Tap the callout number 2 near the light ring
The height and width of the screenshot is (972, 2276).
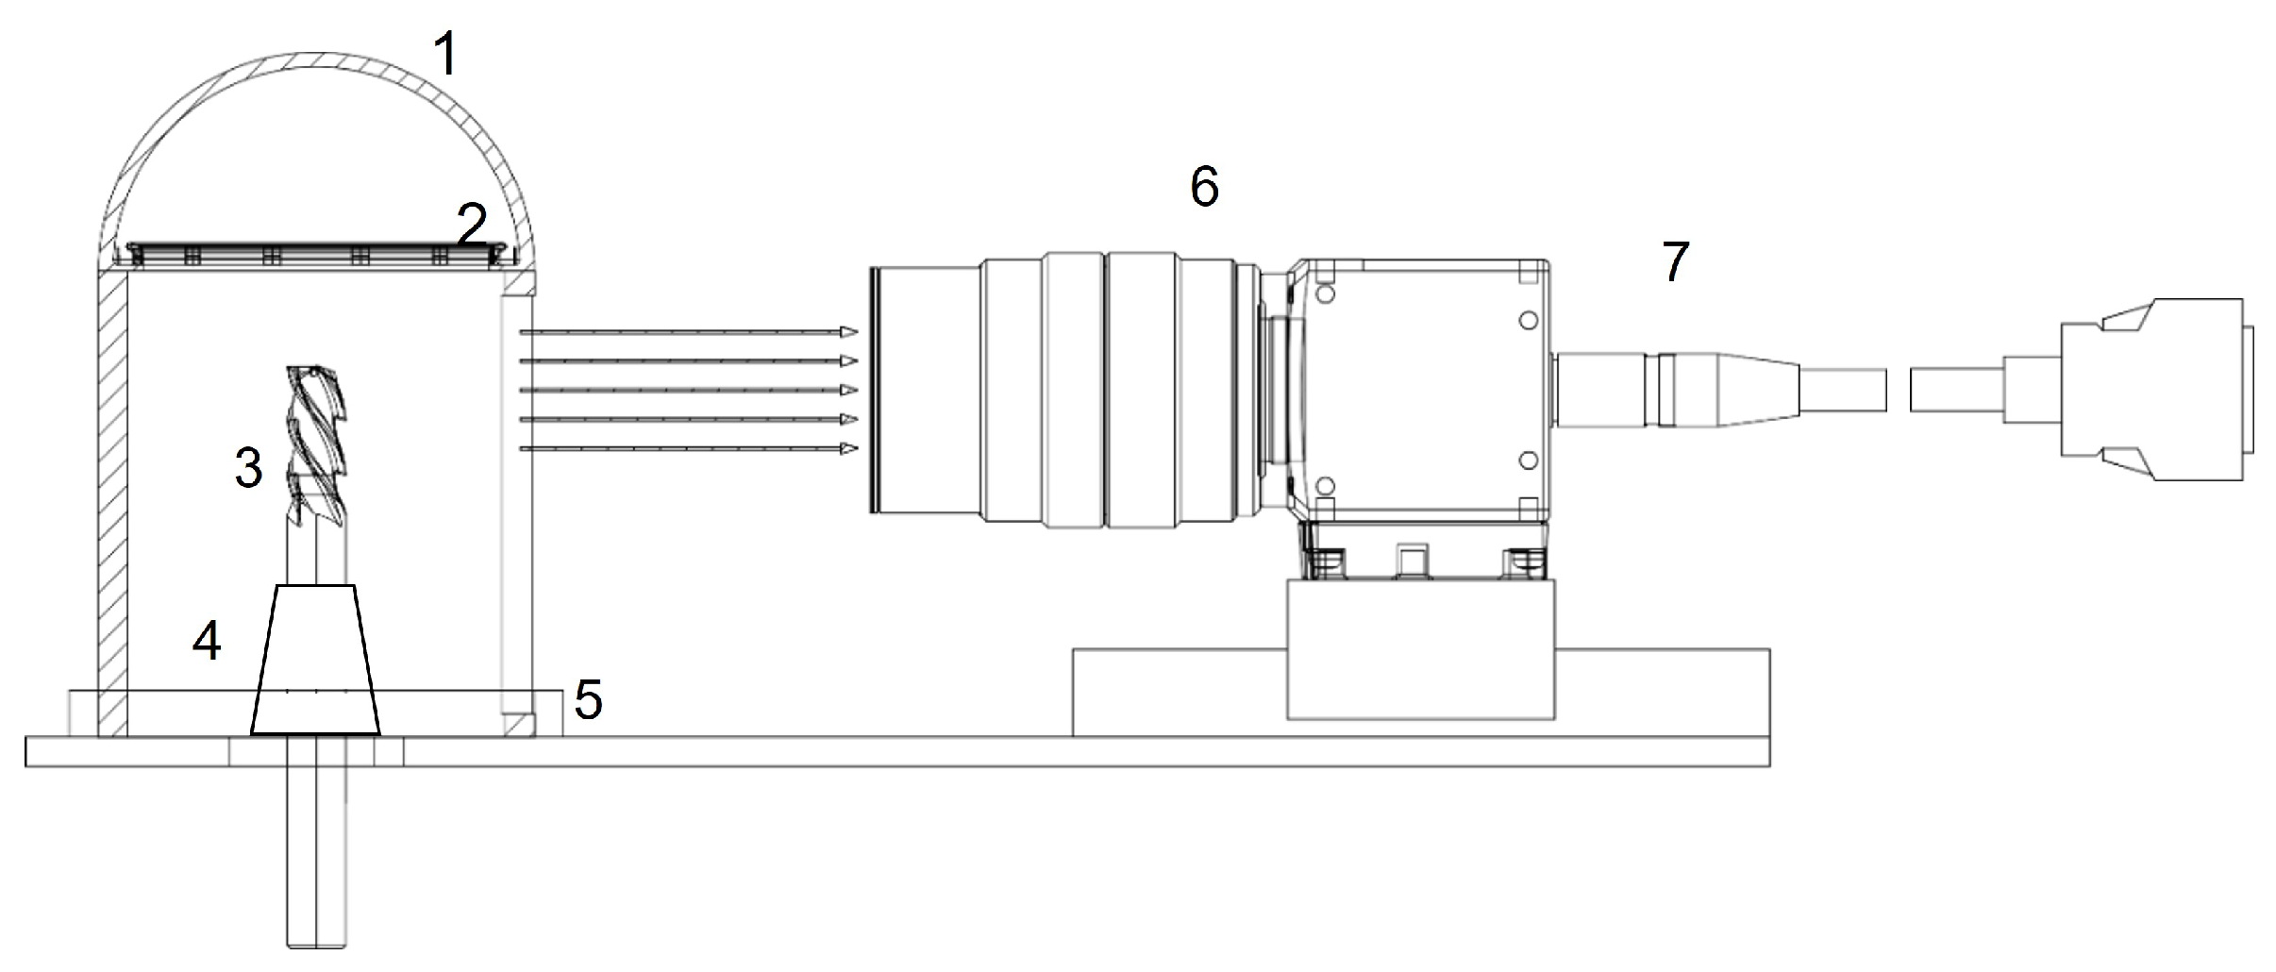[472, 226]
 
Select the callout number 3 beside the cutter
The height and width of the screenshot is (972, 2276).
[248, 467]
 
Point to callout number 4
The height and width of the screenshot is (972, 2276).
[207, 642]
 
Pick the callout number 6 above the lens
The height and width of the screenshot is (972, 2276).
[1204, 187]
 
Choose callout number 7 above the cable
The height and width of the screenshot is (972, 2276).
[1675, 262]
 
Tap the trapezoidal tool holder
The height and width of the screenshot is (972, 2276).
[315, 660]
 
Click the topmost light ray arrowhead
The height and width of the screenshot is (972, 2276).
[849, 331]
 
